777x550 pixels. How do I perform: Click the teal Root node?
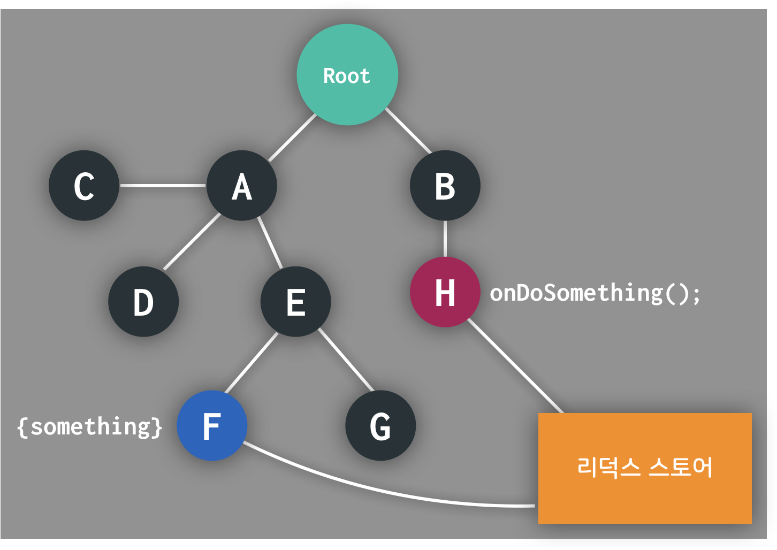coord(347,75)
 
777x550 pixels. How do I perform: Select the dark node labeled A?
coord(242,186)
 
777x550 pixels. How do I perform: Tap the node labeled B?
coord(445,186)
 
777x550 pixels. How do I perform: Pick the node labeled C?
coord(84,186)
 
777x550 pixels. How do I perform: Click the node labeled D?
coord(143,302)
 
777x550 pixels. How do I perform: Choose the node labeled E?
coord(295,302)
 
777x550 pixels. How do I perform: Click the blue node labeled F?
coord(212,426)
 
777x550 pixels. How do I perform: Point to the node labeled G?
coord(380,426)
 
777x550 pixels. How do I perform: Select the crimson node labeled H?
coord(445,292)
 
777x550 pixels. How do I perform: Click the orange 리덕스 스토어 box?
coord(645,468)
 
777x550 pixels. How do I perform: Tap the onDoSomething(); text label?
coord(595,293)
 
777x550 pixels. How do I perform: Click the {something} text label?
coord(89,426)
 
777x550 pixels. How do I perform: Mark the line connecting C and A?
coord(163,186)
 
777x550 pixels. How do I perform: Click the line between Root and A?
coord(292,137)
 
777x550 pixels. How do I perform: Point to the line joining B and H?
coord(445,239)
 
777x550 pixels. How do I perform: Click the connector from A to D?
coord(191,242)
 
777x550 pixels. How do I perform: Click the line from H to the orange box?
coord(515,365)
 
